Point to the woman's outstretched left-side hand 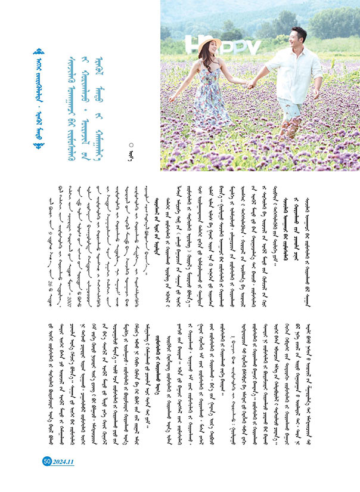[172, 98]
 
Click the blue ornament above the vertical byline [40, 54]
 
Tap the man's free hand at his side [316, 95]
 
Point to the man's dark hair [299, 30]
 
